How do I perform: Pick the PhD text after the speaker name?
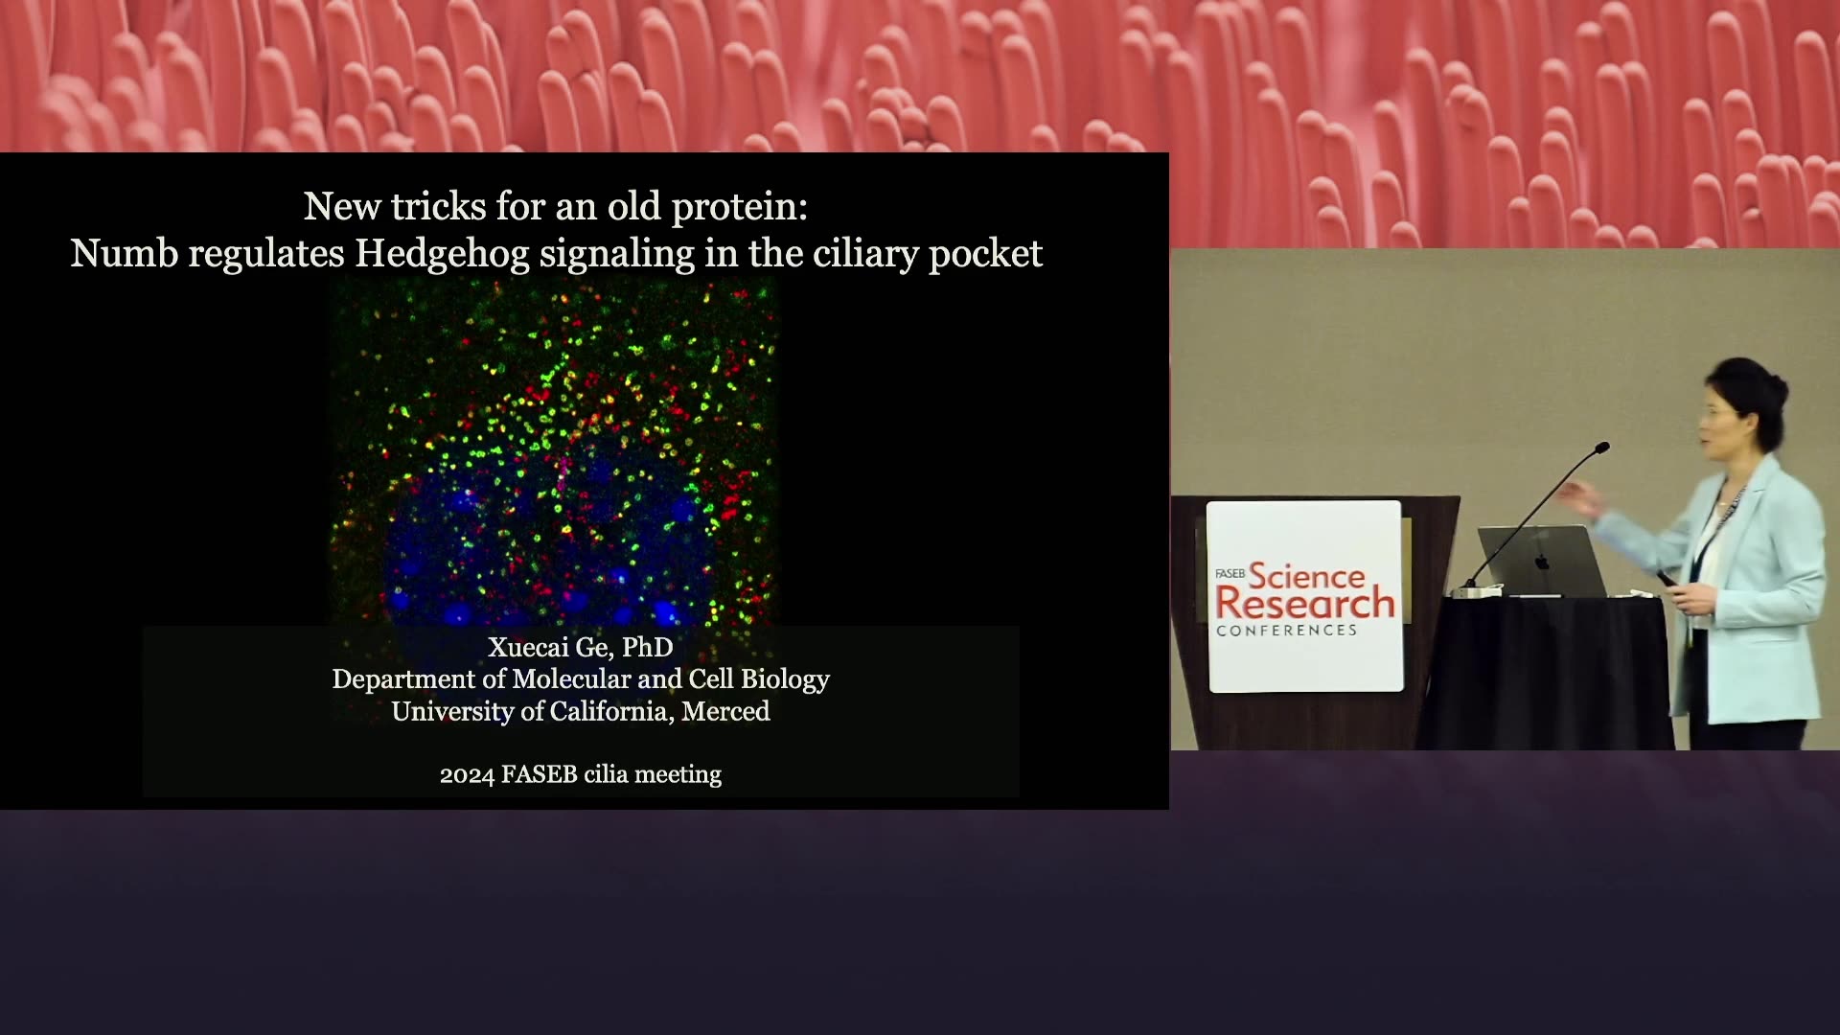pyautogui.click(x=647, y=648)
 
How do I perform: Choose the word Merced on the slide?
pyautogui.click(x=725, y=711)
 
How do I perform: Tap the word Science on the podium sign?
pyautogui.click(x=1306, y=577)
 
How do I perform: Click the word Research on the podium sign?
pyautogui.click(x=1305, y=604)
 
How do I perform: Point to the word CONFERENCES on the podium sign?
pyautogui.click(x=1286, y=631)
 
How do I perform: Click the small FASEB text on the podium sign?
pyautogui.click(x=1230, y=573)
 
